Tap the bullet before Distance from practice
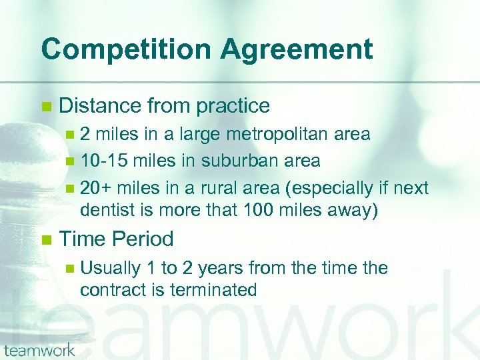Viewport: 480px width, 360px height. click(45, 106)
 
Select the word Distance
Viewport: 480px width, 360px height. click(100, 105)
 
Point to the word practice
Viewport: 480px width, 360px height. click(231, 106)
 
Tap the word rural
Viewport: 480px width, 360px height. click(230, 189)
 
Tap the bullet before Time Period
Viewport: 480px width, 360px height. click(45, 239)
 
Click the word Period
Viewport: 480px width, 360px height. click(143, 239)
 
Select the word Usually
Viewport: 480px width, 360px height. click(110, 268)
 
